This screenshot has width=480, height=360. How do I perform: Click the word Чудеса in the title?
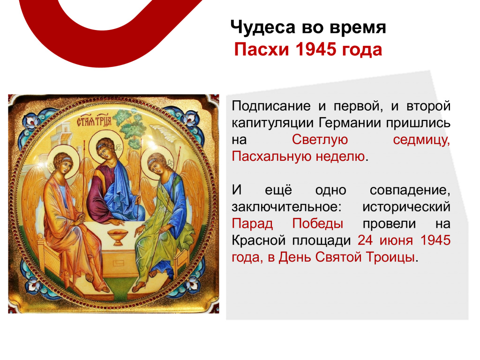coord(263,27)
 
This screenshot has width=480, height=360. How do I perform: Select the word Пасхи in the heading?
coord(262,49)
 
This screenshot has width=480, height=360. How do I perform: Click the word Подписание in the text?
coord(271,106)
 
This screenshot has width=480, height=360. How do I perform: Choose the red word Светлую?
coord(320,140)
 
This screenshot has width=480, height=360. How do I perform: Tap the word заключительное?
coord(286,207)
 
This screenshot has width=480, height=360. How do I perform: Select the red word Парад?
coord(252,224)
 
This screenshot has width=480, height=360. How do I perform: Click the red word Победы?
coord(317,224)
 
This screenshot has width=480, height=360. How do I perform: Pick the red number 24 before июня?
coord(365,240)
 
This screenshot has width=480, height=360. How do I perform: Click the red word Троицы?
coord(390,257)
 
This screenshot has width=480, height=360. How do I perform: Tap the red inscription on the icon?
coord(94,122)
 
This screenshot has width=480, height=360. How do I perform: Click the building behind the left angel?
coord(63,135)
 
